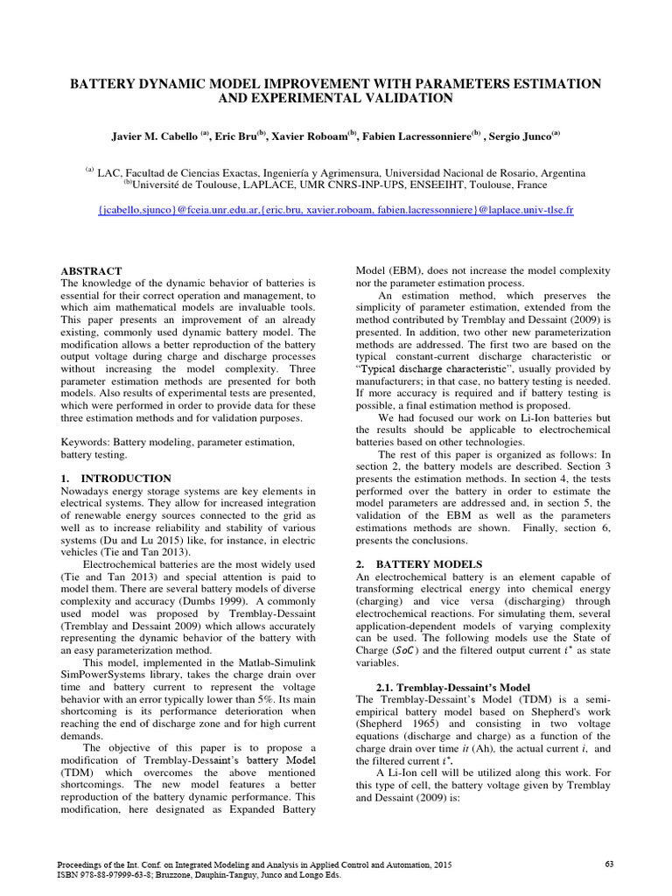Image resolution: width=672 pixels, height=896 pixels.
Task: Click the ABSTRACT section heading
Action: pos(91,271)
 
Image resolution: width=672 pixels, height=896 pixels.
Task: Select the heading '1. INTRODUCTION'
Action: pos(115,479)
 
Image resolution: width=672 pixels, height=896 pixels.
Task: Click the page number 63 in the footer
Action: pos(610,864)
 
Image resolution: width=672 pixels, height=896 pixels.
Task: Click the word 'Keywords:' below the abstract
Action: pos(86,443)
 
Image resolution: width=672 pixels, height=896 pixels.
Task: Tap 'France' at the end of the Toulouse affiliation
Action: pos(529,185)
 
